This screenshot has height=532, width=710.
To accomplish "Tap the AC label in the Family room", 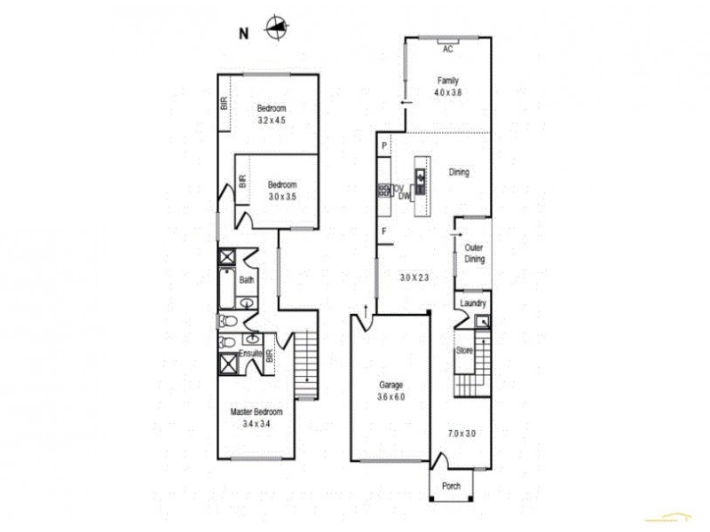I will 447,50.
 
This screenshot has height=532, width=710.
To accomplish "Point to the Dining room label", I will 459,173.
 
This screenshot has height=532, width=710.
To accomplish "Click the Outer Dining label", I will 474,254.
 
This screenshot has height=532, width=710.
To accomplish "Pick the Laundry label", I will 473,304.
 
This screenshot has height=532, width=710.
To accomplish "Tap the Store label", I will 464,351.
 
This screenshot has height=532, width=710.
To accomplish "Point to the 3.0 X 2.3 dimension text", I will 414,278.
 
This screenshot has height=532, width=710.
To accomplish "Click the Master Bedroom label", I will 256,412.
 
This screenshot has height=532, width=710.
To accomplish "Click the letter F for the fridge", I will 384,231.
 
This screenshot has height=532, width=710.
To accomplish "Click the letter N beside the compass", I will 242,35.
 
